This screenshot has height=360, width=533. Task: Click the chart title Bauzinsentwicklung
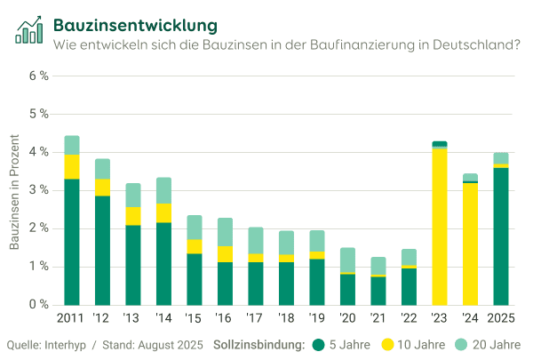coord(134,23)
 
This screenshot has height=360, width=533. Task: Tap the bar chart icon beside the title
coord(28,29)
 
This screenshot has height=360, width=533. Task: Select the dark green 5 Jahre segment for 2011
coord(72,241)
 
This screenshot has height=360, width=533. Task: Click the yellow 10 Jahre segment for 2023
coord(440,226)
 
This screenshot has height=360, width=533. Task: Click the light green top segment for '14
coord(163,190)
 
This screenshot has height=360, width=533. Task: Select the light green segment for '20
coord(347,260)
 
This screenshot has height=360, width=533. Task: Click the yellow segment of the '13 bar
coord(133,216)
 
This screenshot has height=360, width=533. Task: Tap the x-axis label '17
coord(256,318)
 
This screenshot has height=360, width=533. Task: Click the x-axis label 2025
coord(501,318)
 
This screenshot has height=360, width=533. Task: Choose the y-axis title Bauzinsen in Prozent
coord(14,191)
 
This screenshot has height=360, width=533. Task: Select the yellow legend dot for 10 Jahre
coord(388,344)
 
